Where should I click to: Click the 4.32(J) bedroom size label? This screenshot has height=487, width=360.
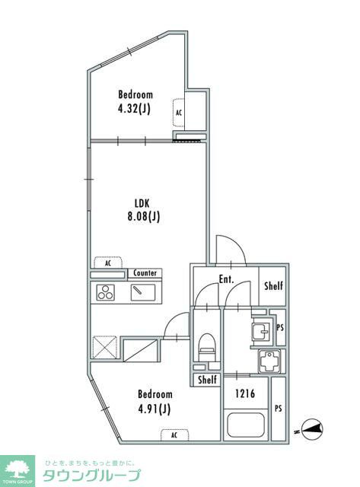[x=134, y=109]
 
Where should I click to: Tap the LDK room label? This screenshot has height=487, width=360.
[x=142, y=203]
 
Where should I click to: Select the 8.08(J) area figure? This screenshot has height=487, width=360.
[x=144, y=216]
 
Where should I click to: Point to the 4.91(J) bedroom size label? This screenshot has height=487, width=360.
[x=155, y=409]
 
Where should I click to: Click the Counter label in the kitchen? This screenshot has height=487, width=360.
[x=145, y=273]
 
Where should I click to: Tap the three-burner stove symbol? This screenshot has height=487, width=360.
[x=105, y=292]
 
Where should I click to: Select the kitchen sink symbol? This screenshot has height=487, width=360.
[x=143, y=292]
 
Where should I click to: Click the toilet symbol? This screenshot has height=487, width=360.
[x=207, y=347]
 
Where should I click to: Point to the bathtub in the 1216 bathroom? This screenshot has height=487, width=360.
[x=246, y=425]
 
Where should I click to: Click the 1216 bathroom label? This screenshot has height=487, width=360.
[x=245, y=394]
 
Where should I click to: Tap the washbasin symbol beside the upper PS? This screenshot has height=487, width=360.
[x=261, y=332]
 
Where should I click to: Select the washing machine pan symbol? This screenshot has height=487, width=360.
[x=269, y=361]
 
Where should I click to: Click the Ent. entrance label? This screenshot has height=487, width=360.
[x=226, y=279]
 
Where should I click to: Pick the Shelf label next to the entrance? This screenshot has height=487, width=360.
[x=274, y=285]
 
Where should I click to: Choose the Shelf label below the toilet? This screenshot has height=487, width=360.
[x=207, y=379]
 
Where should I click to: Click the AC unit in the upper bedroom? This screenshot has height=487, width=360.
[x=179, y=113]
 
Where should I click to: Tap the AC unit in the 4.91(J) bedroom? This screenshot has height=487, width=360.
[x=174, y=434]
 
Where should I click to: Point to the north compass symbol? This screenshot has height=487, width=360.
[x=312, y=429]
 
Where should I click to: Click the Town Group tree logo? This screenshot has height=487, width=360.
[x=18, y=468]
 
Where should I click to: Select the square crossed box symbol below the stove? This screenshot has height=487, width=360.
[x=105, y=347]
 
